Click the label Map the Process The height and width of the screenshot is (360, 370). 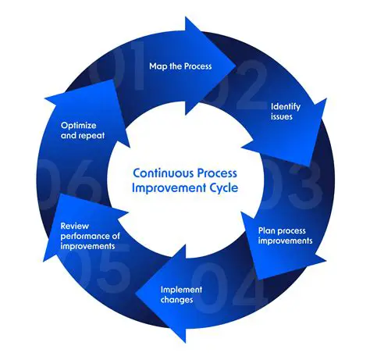coord(180,66)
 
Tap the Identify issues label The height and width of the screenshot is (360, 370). coord(286,112)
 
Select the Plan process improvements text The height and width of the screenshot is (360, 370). coord(286,235)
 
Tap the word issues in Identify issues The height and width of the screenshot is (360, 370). coord(283,117)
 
